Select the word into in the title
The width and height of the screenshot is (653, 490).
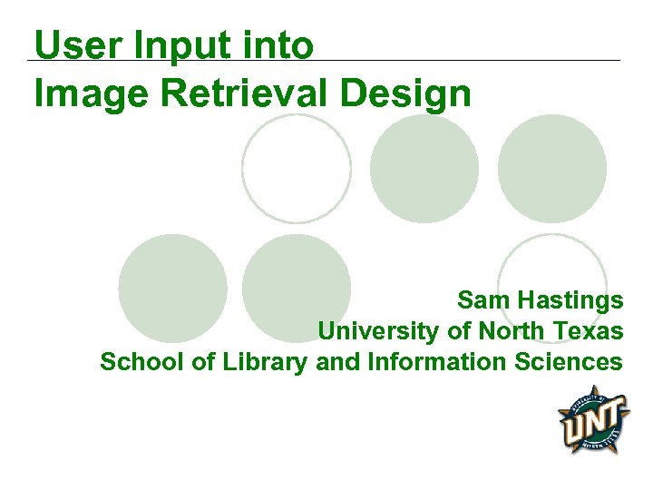point(281,45)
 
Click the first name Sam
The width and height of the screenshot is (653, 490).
point(479,300)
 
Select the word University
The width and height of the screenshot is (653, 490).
point(379,332)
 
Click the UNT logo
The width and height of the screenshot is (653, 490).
point(593,419)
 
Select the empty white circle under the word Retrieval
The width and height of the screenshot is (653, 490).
point(297,168)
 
